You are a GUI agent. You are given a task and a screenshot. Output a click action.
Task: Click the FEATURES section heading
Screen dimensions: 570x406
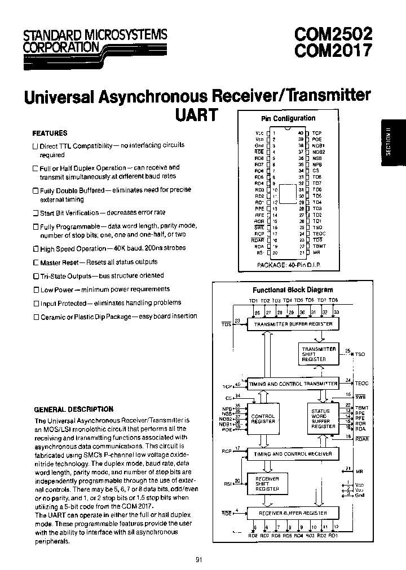tap(50, 133)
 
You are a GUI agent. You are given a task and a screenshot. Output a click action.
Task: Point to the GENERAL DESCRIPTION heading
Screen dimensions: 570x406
tap(74, 409)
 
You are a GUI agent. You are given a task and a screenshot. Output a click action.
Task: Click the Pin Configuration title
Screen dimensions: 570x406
tap(288, 118)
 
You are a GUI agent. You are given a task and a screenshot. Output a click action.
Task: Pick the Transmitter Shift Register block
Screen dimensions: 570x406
tap(319, 354)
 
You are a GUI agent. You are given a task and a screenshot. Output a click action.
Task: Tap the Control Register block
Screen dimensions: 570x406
tap(263, 419)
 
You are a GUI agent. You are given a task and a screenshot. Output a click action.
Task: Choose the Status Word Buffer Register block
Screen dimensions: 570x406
tap(323, 418)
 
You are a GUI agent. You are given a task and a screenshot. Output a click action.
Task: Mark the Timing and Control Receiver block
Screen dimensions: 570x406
tap(293, 453)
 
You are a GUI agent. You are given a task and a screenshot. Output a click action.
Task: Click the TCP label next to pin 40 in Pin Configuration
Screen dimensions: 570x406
tap(317, 132)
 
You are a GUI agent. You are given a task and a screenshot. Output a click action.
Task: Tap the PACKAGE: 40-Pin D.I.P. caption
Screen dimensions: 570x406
tap(288, 264)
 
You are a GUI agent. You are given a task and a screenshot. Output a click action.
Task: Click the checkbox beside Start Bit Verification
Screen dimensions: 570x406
tap(35, 213)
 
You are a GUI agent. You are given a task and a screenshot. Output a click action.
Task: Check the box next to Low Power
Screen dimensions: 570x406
tap(36, 290)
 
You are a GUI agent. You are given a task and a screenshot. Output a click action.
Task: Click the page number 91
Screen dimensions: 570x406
tap(199, 559)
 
